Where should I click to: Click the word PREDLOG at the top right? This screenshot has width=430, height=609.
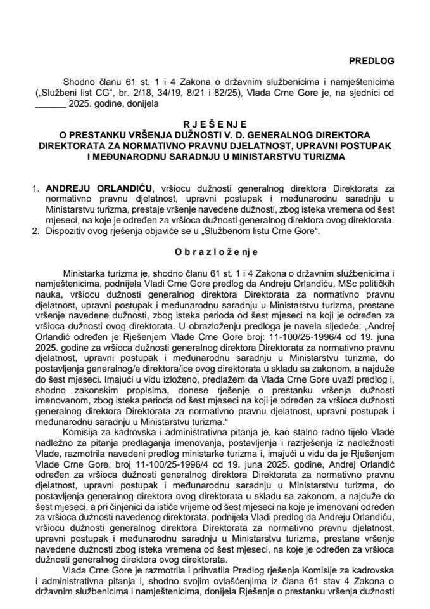[371, 61]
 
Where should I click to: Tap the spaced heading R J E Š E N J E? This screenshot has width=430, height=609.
[214, 124]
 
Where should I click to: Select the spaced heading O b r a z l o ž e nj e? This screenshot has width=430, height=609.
[214, 251]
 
